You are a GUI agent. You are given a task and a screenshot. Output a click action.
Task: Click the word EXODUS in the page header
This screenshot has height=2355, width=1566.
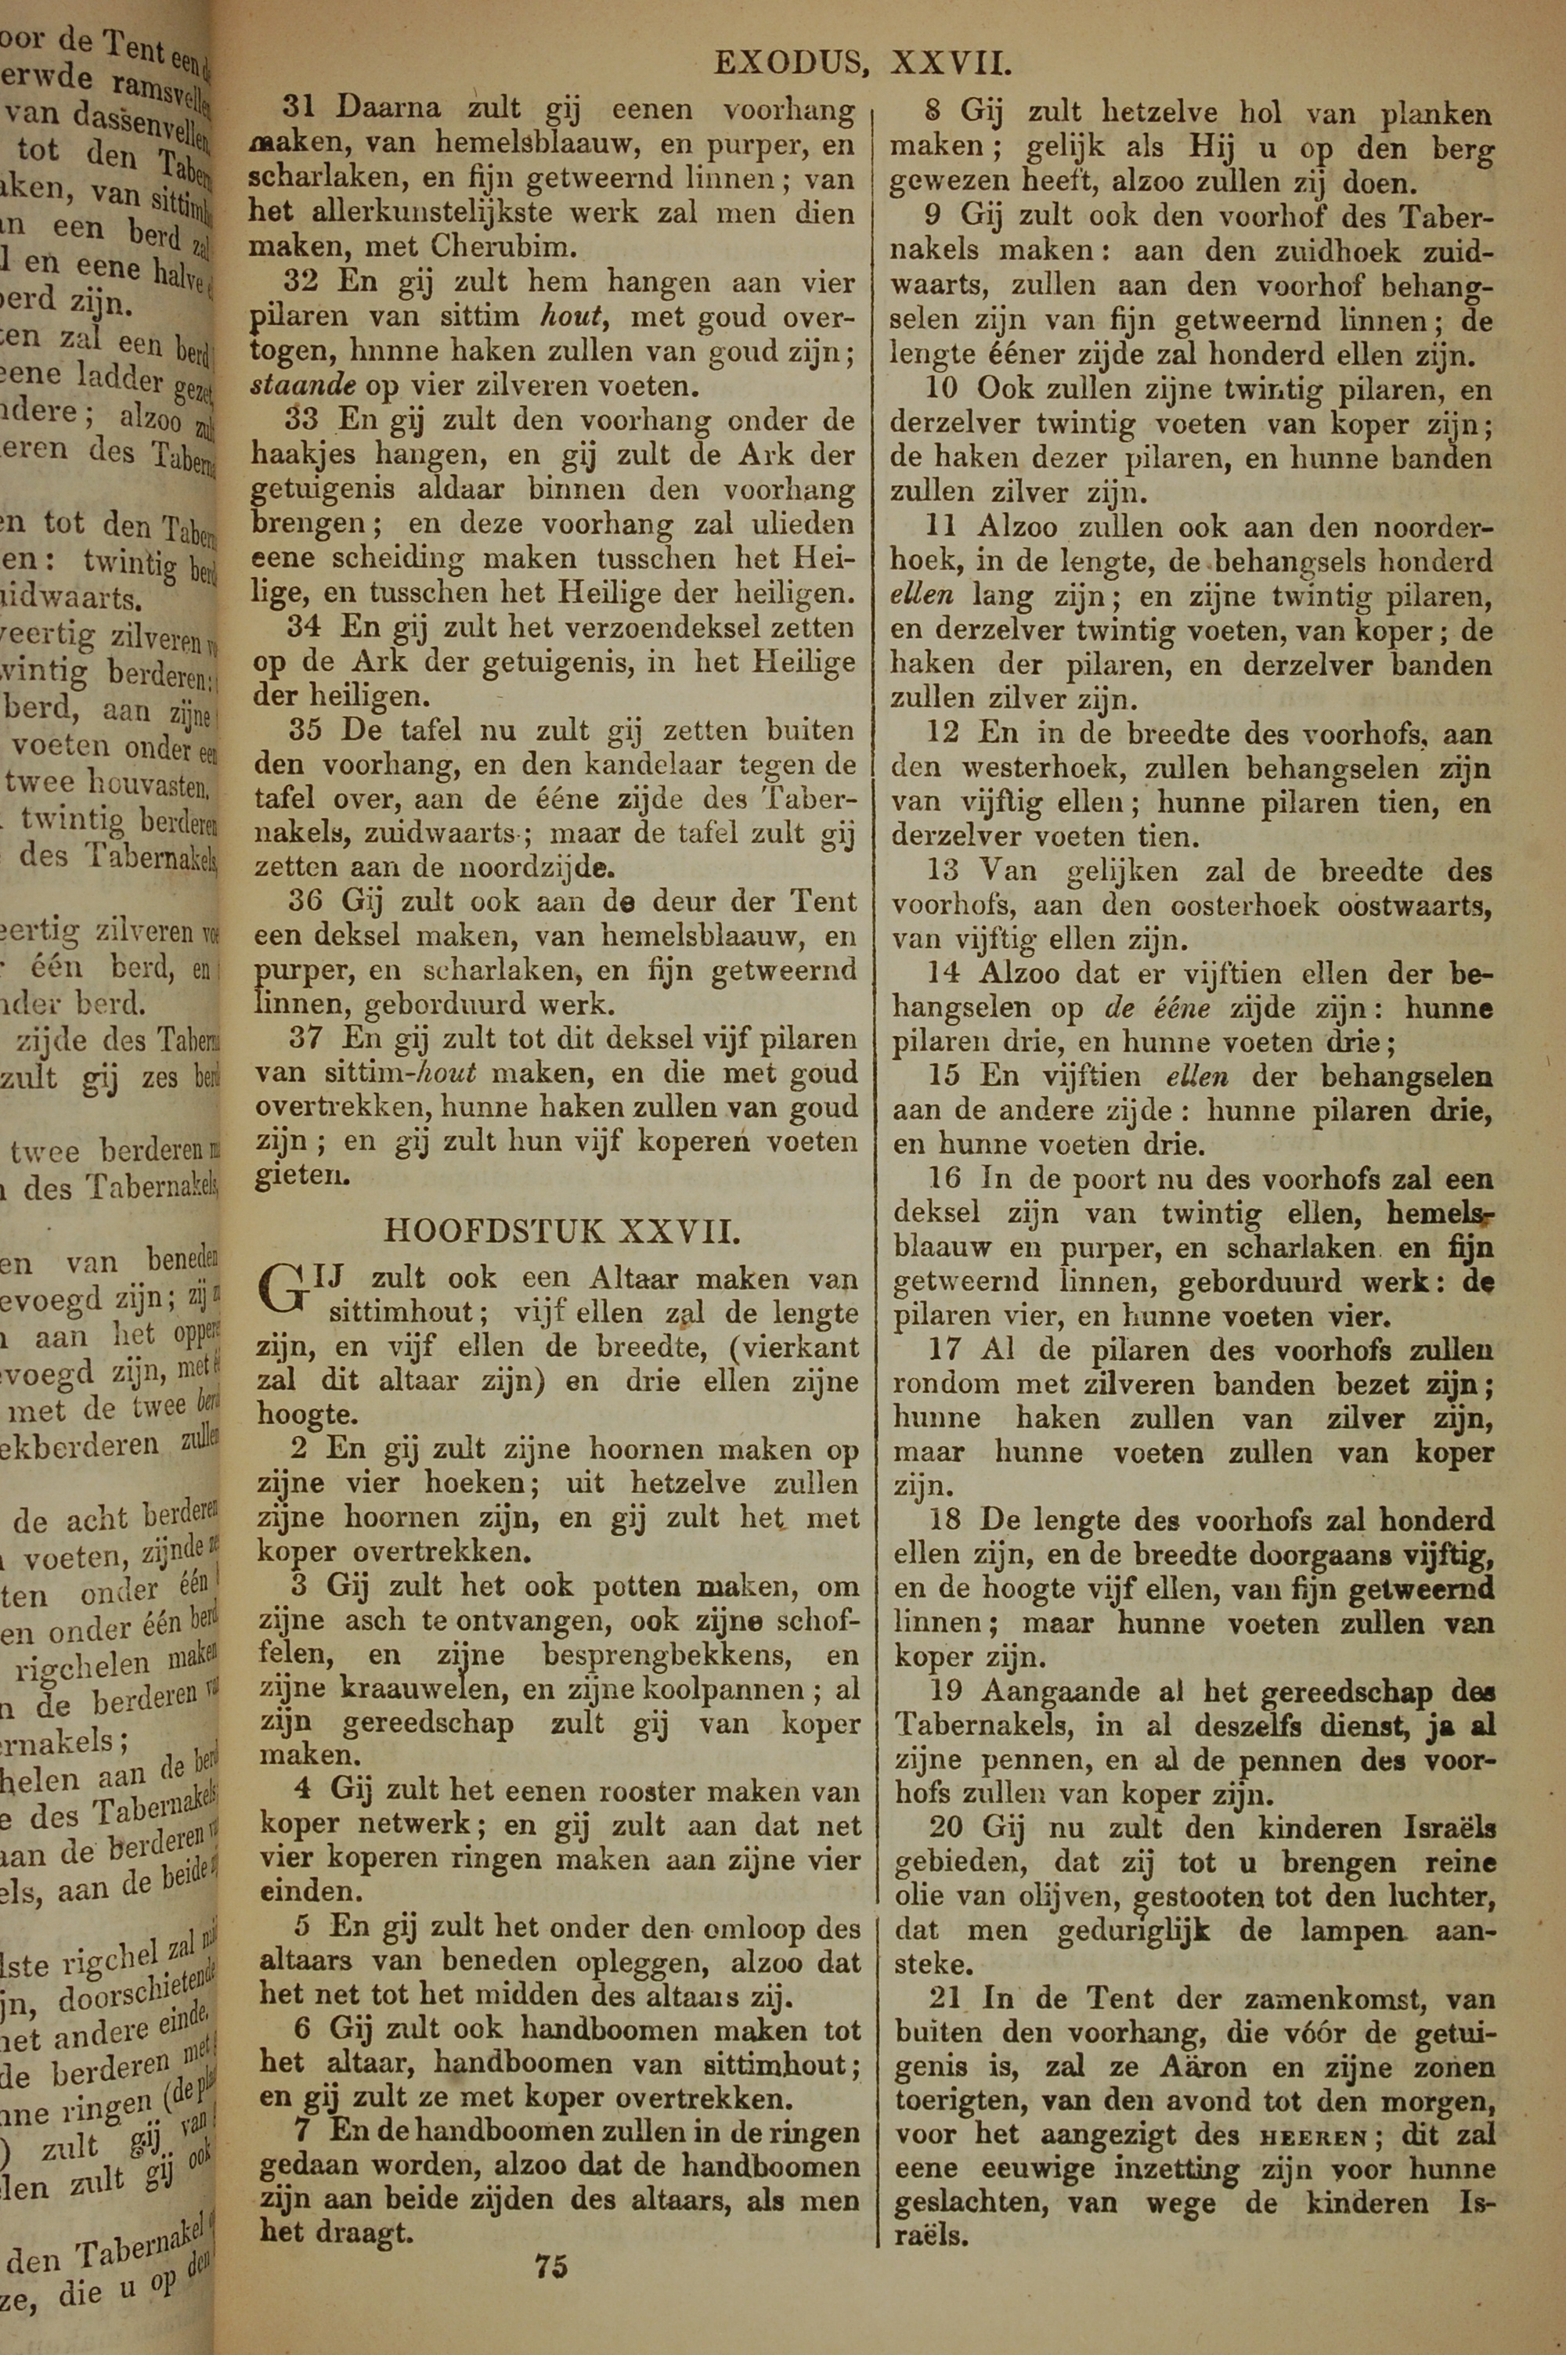pos(789,65)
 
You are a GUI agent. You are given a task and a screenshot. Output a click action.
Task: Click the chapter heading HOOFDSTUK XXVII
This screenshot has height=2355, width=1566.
pos(562,1231)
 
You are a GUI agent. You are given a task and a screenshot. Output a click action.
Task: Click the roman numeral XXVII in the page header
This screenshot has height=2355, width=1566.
pos(950,65)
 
